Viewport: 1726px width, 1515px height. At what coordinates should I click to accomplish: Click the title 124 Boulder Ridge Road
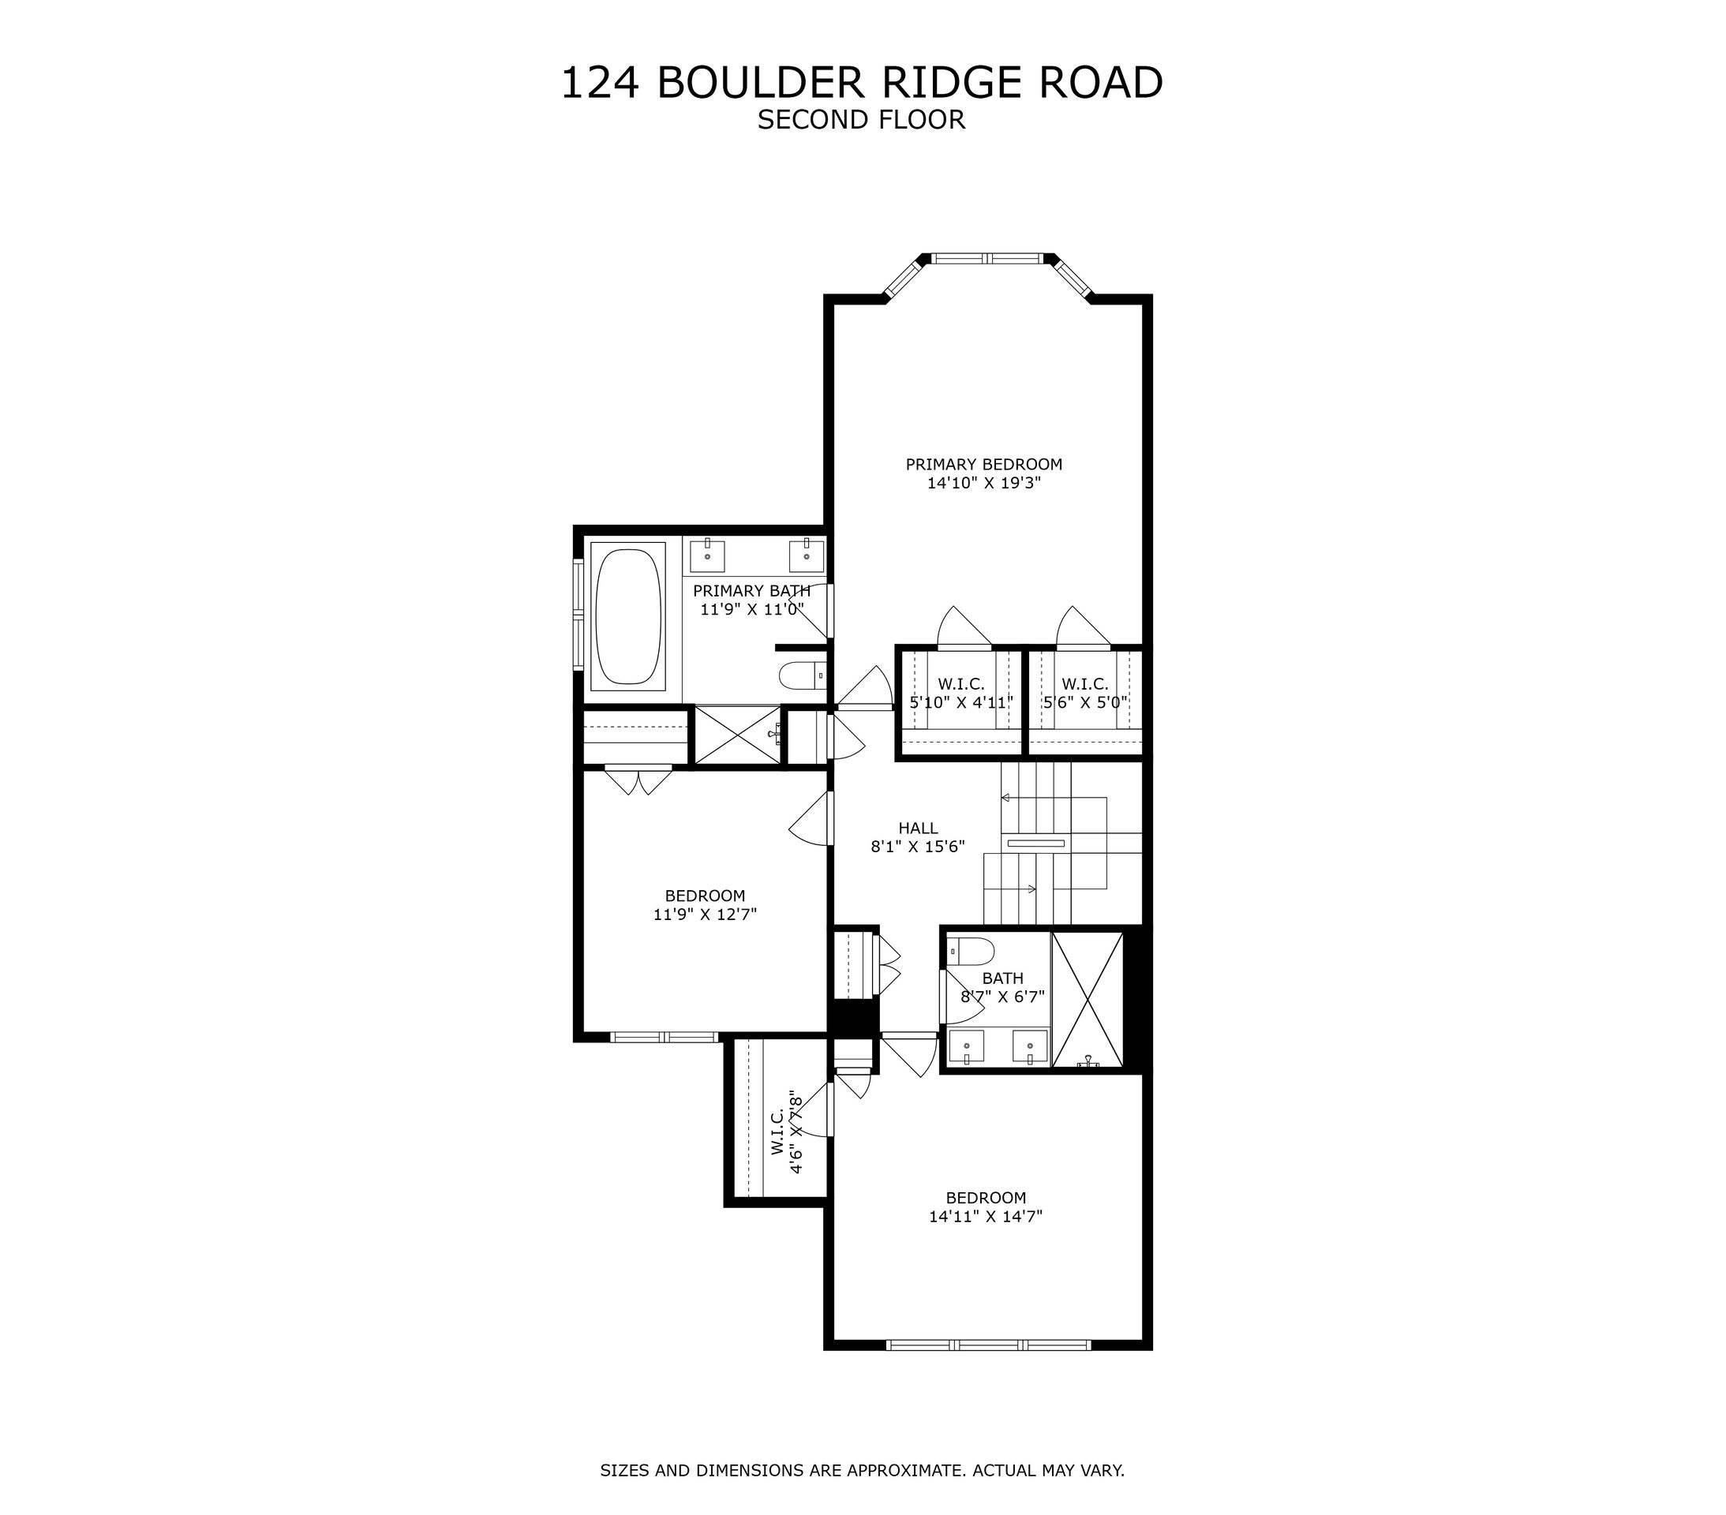tap(861, 83)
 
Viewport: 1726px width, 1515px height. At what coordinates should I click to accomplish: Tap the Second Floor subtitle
tap(861, 120)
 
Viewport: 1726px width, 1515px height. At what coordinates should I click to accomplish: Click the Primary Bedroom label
tap(984, 464)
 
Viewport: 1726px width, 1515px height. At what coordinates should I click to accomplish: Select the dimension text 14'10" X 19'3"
tap(984, 483)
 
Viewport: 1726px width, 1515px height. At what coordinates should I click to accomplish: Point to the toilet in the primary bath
tap(800, 675)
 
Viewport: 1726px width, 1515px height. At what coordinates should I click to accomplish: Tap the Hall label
tap(918, 829)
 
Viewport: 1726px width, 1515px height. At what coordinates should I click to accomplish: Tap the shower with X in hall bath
tap(1088, 999)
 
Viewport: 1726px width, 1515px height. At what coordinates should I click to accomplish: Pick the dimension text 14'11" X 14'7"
tap(986, 1216)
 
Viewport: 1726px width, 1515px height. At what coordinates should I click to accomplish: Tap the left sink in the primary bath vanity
tap(708, 555)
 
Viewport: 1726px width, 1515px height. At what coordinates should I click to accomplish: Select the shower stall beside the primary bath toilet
tap(737, 735)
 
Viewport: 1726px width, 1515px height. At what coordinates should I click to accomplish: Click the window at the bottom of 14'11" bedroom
tap(988, 1345)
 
